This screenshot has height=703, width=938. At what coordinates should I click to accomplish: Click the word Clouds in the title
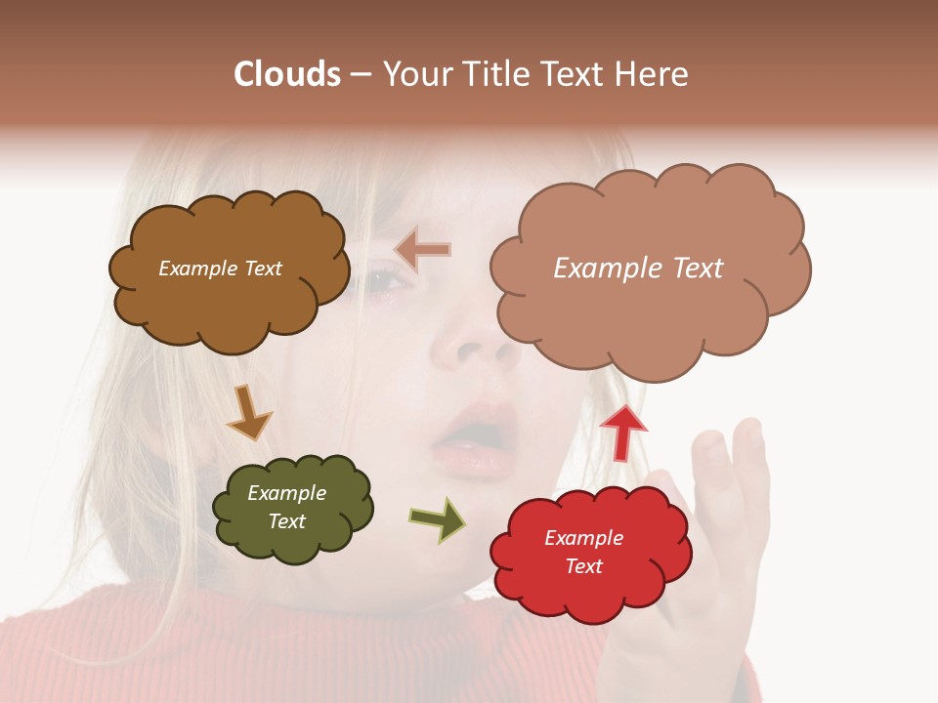287,74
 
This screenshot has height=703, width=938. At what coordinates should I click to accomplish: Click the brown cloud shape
230,303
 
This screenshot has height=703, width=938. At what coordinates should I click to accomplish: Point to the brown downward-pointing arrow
248,413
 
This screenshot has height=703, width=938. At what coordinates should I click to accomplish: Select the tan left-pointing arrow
423,249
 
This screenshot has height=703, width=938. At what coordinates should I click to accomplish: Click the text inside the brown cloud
220,269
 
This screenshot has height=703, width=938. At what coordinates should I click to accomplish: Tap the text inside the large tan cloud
638,269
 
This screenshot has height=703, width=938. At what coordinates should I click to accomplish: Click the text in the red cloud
583,552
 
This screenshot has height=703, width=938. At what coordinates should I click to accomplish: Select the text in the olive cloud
286,507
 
